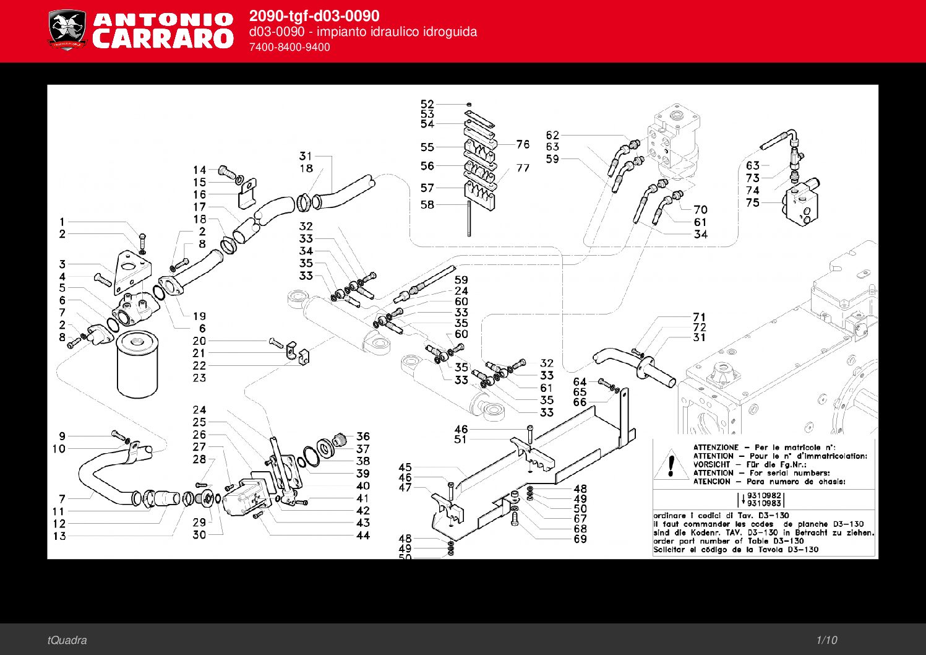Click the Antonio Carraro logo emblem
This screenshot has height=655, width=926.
tap(67, 29)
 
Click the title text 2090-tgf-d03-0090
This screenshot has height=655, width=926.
tap(314, 16)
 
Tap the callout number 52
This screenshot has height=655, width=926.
tap(427, 104)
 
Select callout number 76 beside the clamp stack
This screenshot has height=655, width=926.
tap(523, 144)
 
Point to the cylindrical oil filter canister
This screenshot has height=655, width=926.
tap(138, 364)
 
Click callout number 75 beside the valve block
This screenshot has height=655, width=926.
tap(752, 202)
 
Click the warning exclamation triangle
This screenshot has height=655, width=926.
tap(671, 464)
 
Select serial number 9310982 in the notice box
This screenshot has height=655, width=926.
tap(765, 495)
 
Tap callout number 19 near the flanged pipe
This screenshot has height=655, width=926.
tap(199, 316)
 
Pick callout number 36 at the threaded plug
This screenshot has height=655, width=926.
tap(363, 436)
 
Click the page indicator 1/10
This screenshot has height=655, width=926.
tap(826, 640)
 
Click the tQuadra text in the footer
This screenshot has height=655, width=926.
tap(67, 640)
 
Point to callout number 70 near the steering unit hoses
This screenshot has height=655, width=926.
tap(700, 209)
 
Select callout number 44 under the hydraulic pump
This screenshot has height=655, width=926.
tap(363, 536)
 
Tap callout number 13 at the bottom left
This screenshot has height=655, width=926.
tap(59, 536)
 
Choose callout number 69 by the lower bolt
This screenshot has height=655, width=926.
tap(580, 539)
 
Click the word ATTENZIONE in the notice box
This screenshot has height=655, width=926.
tap(716, 447)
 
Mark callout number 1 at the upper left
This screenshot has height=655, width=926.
tap(62, 222)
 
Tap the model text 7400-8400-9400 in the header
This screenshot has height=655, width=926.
tap(289, 47)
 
